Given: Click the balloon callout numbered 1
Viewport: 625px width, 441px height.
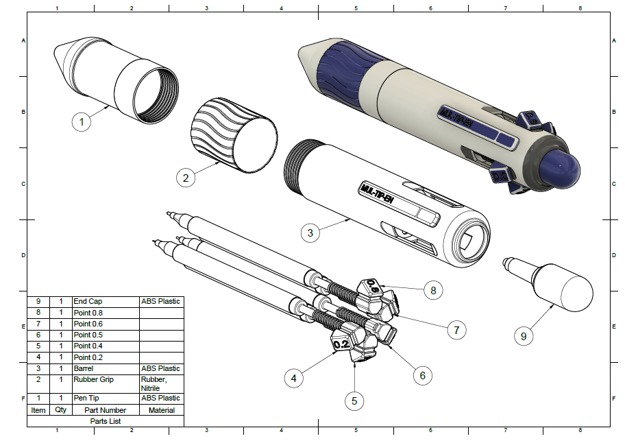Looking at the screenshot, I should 82,123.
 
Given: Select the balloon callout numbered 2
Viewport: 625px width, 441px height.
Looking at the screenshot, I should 185,178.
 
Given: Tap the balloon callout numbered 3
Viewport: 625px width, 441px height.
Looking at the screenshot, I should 310,233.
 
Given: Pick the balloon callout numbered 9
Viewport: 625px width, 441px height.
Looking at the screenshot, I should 524,336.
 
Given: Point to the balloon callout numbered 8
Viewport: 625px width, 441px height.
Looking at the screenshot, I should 433,290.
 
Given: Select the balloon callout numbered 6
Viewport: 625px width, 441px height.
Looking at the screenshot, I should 423,375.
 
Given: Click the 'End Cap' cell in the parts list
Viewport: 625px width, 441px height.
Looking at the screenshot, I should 105,301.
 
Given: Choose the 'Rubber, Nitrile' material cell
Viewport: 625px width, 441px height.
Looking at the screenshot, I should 161,383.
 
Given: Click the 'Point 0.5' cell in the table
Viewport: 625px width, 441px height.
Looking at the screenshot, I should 105,335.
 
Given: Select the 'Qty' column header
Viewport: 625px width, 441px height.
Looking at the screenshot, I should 61,410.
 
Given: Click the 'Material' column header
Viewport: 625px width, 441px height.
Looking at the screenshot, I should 161,410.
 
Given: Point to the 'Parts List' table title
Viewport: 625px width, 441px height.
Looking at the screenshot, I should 106,421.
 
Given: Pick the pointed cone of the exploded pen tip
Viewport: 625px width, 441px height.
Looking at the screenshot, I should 63,57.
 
